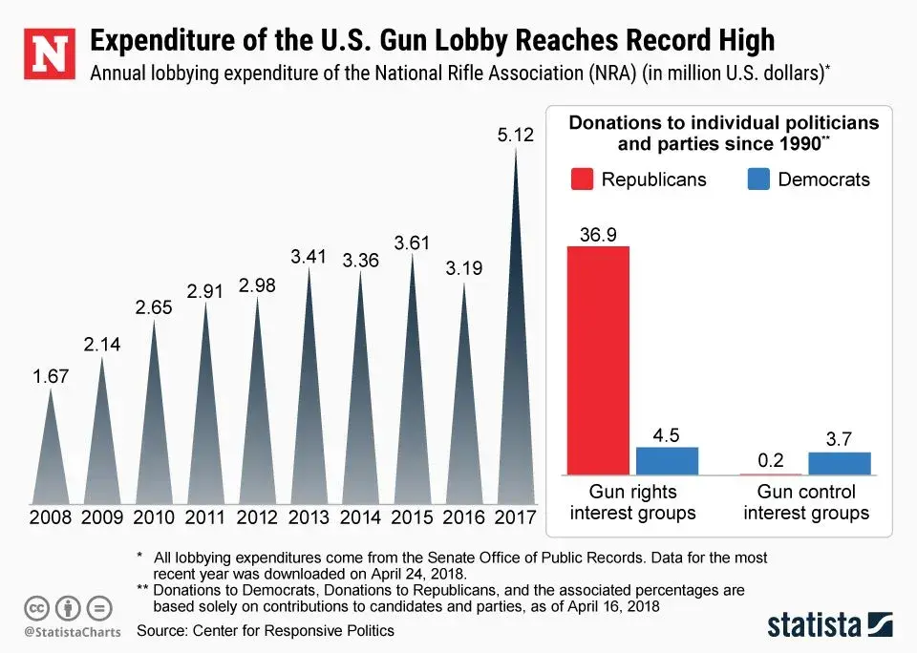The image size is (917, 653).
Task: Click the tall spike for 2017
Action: tap(517, 382)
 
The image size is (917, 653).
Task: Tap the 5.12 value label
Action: tap(517, 137)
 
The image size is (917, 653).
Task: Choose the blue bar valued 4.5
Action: tap(668, 461)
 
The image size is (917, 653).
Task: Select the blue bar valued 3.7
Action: tap(840, 463)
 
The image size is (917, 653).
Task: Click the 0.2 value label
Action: tap(771, 460)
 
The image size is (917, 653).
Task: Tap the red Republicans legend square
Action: tap(582, 179)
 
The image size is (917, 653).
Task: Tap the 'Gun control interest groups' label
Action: tap(806, 502)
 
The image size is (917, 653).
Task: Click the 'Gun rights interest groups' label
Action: tap(633, 502)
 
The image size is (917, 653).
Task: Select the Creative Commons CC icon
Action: tap(36, 607)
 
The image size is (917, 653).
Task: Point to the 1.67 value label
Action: tap(52, 376)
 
